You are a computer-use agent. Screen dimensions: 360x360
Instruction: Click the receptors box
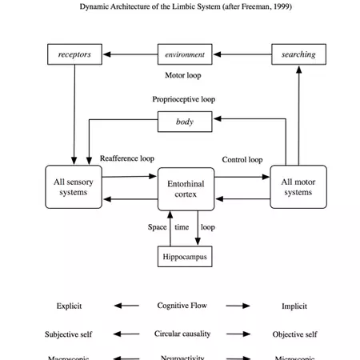74,55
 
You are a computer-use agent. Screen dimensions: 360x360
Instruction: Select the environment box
185,55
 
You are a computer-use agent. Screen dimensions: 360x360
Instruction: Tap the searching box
298,55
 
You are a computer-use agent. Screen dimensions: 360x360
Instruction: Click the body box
185,122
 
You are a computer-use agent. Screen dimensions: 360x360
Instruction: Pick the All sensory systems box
74,187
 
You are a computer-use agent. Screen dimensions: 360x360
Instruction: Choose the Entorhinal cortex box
186,190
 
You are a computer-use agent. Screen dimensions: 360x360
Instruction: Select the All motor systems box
298,187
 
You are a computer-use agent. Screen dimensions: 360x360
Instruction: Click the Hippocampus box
185,258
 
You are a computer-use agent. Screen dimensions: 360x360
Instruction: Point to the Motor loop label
183,76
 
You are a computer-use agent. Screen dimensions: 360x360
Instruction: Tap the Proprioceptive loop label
184,100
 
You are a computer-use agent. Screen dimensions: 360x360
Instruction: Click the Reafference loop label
127,159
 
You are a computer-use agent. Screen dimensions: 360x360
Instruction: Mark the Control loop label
242,160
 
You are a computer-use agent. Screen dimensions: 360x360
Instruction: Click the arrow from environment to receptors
130,55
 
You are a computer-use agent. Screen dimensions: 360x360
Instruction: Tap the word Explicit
69,306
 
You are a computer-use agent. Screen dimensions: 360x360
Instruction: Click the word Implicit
294,306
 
